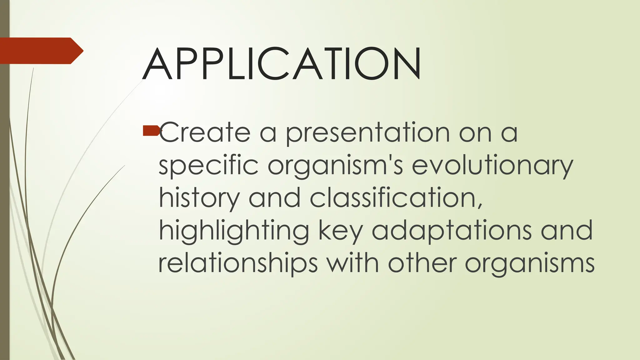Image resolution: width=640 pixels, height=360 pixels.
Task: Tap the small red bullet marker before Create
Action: click(151, 131)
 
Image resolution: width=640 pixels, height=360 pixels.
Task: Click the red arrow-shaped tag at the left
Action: click(41, 51)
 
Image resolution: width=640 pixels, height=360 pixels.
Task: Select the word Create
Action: click(205, 132)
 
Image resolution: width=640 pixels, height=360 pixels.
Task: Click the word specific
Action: click(209, 166)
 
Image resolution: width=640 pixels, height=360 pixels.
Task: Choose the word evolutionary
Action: click(492, 166)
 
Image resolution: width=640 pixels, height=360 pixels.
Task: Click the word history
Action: click(199, 199)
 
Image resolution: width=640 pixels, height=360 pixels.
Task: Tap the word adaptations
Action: click(452, 231)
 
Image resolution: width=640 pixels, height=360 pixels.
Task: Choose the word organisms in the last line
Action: click(530, 264)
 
